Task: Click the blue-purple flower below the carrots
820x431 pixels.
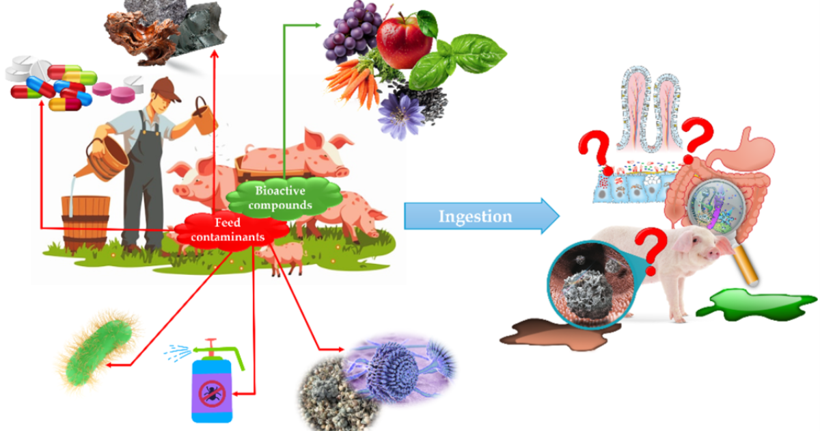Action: tap(400, 115)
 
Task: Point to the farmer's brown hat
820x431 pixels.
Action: tap(166, 90)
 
